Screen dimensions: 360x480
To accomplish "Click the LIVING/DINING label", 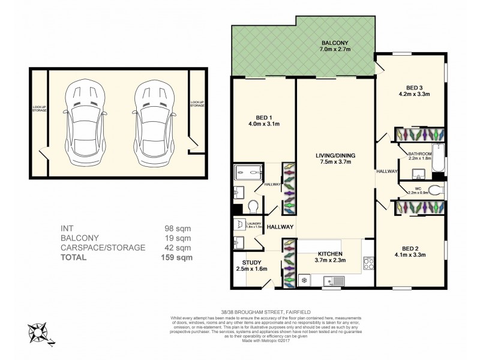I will tap(335, 156).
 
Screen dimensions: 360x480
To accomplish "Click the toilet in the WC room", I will tap(437, 191).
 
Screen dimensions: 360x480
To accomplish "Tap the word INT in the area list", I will tap(67, 229).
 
